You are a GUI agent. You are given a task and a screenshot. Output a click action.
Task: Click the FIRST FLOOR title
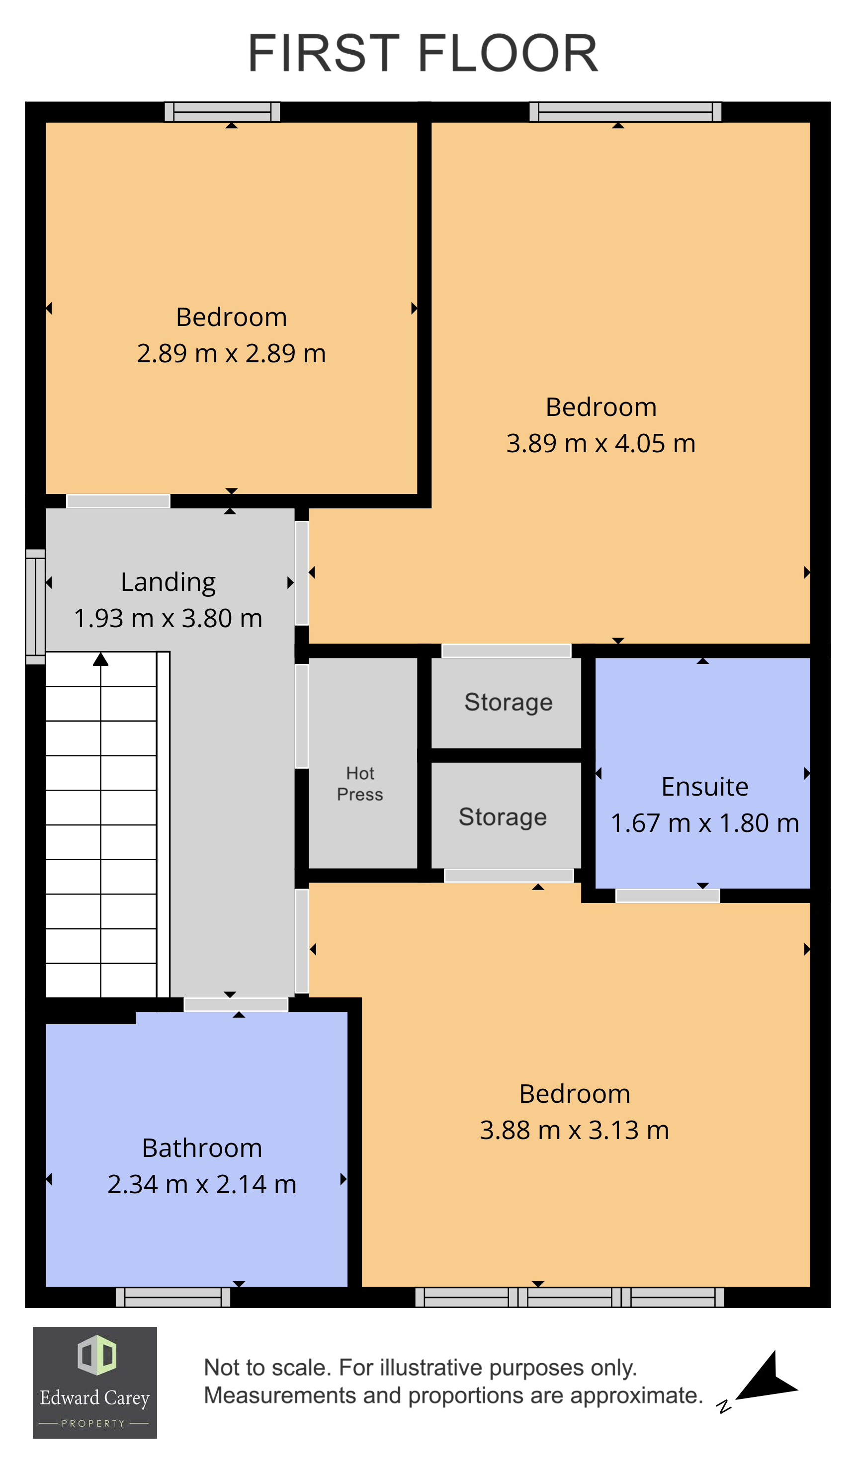[x=423, y=54]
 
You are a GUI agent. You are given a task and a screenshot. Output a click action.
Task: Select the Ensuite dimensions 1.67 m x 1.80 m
[x=704, y=823]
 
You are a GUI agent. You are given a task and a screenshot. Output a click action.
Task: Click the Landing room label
[x=168, y=582]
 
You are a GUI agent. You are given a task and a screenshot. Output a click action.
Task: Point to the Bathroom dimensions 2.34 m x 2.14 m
[x=202, y=1184]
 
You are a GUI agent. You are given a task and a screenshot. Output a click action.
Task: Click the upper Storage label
[x=508, y=702]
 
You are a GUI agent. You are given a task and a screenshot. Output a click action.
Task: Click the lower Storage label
[x=503, y=817]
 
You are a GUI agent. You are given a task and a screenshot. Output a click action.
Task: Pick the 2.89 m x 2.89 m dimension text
[x=231, y=353]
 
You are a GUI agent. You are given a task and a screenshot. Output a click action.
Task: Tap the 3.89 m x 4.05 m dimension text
[x=600, y=443]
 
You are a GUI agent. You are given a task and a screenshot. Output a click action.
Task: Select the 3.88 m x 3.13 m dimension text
[x=574, y=1130]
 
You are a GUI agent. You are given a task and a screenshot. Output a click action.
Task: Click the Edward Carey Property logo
[x=94, y=1383]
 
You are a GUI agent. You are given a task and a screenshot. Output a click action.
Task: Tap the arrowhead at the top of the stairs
[x=101, y=659]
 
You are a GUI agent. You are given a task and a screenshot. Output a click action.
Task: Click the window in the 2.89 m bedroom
[x=222, y=111]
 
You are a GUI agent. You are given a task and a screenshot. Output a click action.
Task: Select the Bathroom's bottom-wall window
[x=173, y=1298]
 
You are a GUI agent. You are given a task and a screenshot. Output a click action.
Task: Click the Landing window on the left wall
[x=35, y=607]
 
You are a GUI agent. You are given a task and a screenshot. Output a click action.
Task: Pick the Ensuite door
[x=668, y=896]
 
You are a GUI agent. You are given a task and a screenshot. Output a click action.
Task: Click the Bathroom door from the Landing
[x=236, y=1004]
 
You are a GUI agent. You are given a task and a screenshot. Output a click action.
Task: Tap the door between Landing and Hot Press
[x=301, y=716]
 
